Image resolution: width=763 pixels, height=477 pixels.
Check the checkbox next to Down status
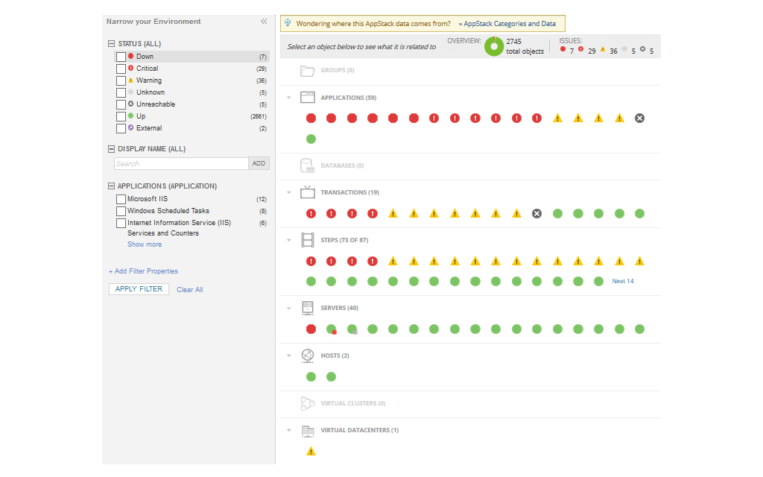coord(121,57)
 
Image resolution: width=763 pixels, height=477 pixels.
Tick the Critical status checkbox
coord(121,69)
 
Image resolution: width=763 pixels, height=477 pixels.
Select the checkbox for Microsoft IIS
coord(121,200)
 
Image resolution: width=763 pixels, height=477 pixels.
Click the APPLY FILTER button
coord(139,289)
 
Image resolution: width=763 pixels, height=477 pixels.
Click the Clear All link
coord(189,290)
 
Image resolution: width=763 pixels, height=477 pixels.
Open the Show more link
coord(144,244)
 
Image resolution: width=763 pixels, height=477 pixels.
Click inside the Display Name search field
coord(181,163)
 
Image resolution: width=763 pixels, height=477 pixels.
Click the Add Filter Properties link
coord(143,271)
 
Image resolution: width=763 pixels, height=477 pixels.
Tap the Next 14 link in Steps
coord(623,281)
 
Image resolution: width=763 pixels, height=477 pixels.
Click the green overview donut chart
coord(493,46)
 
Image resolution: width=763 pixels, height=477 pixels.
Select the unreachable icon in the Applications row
coord(639,118)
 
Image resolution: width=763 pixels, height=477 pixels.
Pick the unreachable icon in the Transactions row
coord(536,213)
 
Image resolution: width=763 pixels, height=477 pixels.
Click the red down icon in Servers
coord(311,329)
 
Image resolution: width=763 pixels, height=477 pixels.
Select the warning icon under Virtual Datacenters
coord(311,451)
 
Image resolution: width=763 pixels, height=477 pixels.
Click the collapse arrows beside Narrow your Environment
coord(264,22)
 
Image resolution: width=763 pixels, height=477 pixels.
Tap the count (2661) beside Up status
coord(259,116)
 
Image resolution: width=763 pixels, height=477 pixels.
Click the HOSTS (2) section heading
coord(335,356)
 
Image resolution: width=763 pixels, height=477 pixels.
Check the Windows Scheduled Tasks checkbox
coord(121,212)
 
